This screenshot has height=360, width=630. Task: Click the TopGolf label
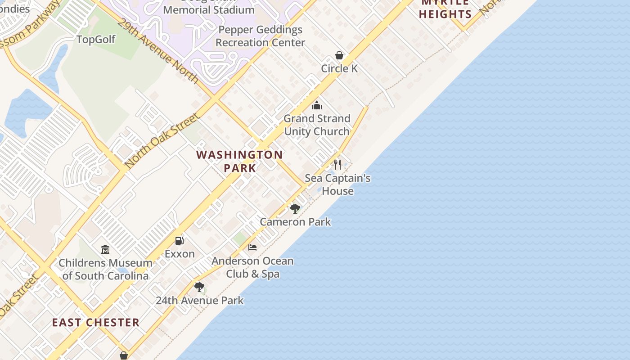click(x=96, y=40)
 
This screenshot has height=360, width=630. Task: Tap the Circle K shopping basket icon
click(x=339, y=55)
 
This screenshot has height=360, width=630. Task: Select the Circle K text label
click(x=339, y=68)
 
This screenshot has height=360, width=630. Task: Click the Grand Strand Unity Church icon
click(x=317, y=105)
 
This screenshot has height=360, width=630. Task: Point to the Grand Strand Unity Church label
click(x=317, y=125)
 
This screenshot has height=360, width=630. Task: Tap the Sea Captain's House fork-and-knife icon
click(x=337, y=164)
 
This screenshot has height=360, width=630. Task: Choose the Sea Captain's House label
click(x=337, y=184)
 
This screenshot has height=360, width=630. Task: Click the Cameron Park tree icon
click(x=295, y=208)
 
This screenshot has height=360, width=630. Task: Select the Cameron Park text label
click(x=295, y=222)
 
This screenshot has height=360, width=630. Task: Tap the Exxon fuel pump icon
click(x=180, y=240)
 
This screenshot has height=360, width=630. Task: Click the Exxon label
click(x=180, y=254)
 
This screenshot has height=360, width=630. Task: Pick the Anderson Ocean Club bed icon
click(x=252, y=247)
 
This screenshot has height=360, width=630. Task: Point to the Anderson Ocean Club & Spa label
click(x=252, y=267)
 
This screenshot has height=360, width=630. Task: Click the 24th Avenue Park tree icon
click(x=199, y=287)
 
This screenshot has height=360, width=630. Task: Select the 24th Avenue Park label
click(x=199, y=300)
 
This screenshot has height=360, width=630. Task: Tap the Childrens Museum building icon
click(x=105, y=249)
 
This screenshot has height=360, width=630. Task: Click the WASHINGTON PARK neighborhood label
click(x=240, y=161)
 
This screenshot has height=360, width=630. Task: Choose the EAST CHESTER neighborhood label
click(x=95, y=323)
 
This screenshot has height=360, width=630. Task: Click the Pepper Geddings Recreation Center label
click(x=260, y=36)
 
